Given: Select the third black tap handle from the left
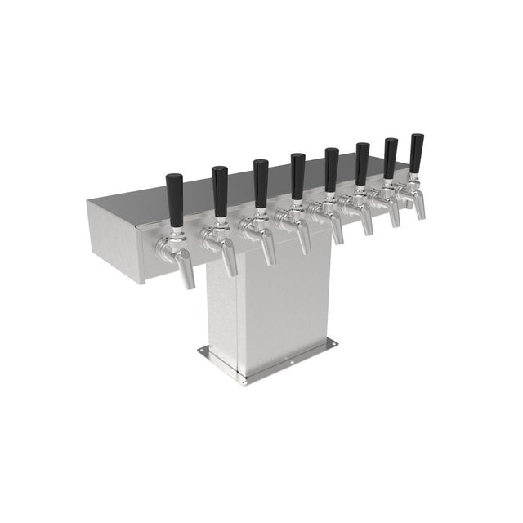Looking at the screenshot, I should point(261,182).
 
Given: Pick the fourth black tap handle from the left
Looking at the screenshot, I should point(298,176).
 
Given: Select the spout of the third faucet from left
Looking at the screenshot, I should point(269,251).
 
